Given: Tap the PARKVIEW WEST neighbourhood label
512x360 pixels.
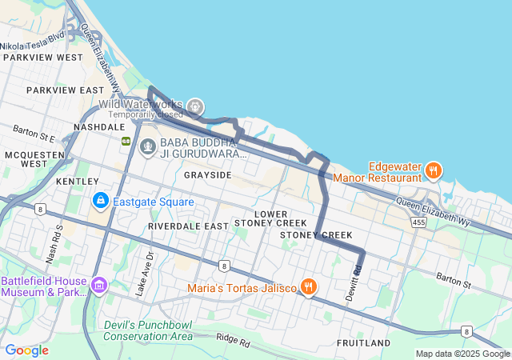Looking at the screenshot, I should pos(42,58).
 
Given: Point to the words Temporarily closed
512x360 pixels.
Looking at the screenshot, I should pos(145,115).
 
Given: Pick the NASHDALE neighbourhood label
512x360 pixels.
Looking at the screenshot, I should pos(99,127).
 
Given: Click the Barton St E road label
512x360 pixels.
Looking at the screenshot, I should pos(34,133).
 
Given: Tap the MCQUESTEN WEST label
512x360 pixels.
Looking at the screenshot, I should pos(26,158).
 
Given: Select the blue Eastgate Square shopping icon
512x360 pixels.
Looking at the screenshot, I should pos(101,200).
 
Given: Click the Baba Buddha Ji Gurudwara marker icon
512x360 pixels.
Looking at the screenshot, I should pos(148,146).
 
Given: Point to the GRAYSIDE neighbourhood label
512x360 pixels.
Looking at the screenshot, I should pos(207,174).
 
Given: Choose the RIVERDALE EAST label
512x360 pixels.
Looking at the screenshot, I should pos(188,226).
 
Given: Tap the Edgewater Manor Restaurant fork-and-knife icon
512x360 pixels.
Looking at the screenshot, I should pos(433,170).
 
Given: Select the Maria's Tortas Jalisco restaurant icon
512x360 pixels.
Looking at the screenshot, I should pos(308,286).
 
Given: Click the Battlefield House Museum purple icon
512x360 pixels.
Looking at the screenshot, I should pos(99,285).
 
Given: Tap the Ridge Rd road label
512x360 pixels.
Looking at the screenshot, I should pos(233,340).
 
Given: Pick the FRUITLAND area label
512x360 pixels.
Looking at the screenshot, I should pos(363,343).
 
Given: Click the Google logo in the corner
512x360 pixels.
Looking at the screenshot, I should pos(26,350).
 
